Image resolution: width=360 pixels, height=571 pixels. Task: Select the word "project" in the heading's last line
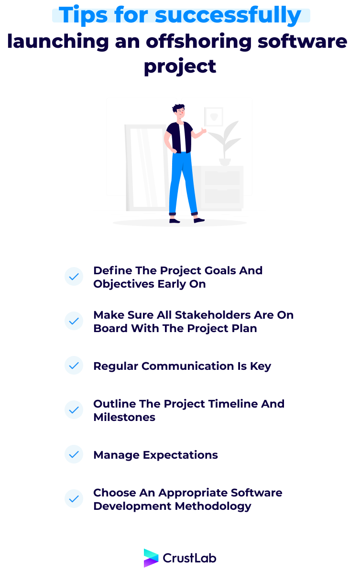180,65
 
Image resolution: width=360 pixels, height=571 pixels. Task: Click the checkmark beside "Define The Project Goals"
74,277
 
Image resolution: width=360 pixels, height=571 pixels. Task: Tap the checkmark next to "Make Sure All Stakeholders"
74,321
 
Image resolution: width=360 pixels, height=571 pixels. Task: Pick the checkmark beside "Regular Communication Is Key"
74,366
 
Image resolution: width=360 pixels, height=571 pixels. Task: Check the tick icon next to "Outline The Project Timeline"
74,410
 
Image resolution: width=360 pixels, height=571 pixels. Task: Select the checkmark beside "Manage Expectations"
74,454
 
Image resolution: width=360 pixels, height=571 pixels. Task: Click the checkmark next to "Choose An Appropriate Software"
74,499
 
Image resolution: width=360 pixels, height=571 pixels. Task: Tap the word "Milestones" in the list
124,417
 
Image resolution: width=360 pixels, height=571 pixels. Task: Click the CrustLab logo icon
151,558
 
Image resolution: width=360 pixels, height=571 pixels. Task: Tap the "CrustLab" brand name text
190,558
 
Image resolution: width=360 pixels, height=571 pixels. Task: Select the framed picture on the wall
213,116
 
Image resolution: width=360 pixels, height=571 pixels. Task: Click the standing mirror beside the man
143,167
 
